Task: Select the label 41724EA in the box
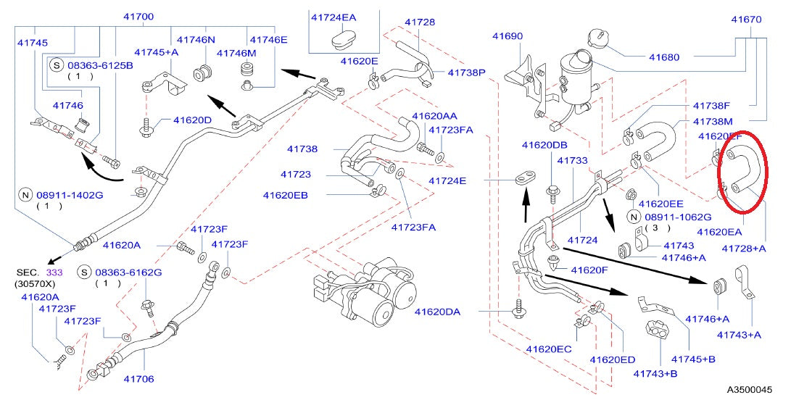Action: (x=334, y=16)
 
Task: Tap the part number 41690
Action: (x=508, y=35)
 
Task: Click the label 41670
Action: (x=746, y=20)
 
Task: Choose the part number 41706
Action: (x=138, y=378)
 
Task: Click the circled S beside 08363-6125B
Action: (x=57, y=64)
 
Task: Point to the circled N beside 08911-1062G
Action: (x=634, y=217)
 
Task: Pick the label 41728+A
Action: (x=744, y=248)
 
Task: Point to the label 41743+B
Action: (x=655, y=374)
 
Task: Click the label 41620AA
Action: (x=434, y=116)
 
